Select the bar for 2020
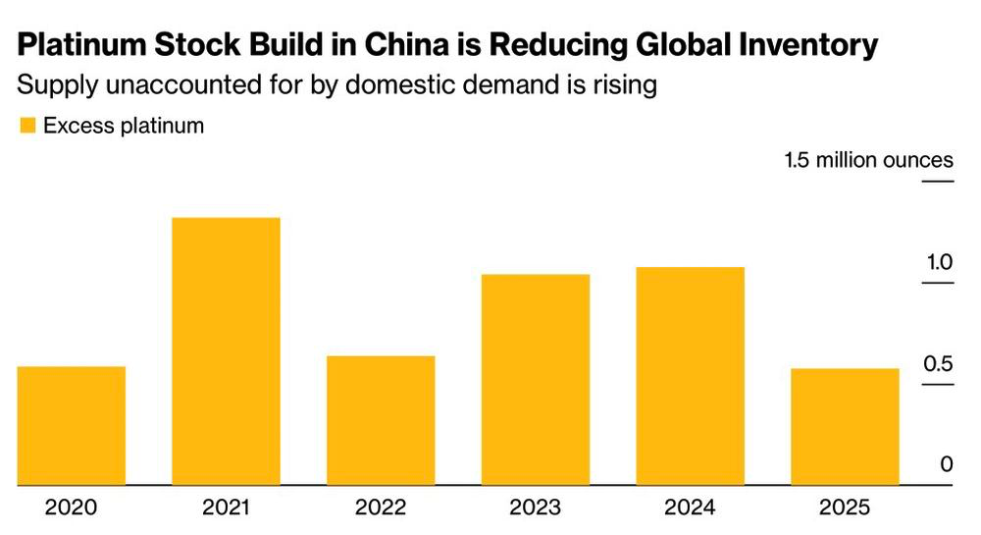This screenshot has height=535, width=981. pyautogui.click(x=72, y=425)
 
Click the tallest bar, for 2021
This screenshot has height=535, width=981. pyautogui.click(x=226, y=351)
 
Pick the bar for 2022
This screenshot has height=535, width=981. pyautogui.click(x=381, y=420)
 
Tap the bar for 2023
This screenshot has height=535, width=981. pyautogui.click(x=536, y=380)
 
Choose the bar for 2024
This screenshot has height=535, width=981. pyautogui.click(x=690, y=376)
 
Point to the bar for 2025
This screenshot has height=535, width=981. pyautogui.click(x=846, y=427)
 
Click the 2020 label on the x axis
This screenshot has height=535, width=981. pyautogui.click(x=71, y=507)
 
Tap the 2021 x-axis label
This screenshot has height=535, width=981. pyautogui.click(x=226, y=507)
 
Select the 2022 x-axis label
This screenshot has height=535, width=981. pyautogui.click(x=381, y=507)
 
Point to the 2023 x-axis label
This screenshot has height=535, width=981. pyautogui.click(x=536, y=507)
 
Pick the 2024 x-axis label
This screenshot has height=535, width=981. pyautogui.click(x=690, y=507)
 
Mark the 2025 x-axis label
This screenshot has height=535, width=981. pyautogui.click(x=845, y=507)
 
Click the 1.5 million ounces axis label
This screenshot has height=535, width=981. pyautogui.click(x=869, y=160)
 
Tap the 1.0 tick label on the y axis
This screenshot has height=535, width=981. pyautogui.click(x=940, y=262)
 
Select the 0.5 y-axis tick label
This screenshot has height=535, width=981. pyautogui.click(x=939, y=363)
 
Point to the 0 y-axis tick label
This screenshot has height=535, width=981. pyautogui.click(x=947, y=464)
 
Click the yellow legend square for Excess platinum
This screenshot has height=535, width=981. pyautogui.click(x=27, y=125)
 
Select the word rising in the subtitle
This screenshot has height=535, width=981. pyautogui.click(x=623, y=85)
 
